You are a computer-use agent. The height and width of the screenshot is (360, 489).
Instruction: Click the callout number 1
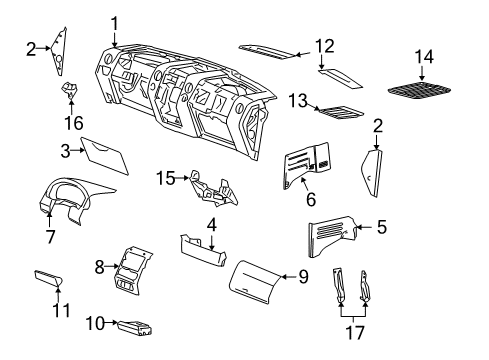(x=115, y=23)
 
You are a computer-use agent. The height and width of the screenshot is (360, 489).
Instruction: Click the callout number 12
(x=324, y=45)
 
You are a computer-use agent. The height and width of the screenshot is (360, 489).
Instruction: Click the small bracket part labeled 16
(x=70, y=93)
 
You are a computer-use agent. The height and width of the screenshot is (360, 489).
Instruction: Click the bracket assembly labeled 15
(x=212, y=186)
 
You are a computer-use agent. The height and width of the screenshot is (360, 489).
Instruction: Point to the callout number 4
(x=212, y=223)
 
